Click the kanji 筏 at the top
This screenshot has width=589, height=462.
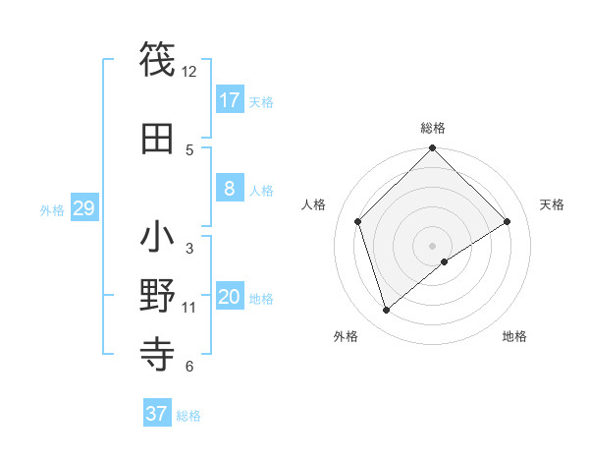pos(158,58)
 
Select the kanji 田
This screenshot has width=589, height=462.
pos(158,138)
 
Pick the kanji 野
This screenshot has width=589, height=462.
pos(158,296)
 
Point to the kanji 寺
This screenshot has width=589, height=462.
pos(158,354)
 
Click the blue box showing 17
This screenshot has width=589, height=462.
pos(230,100)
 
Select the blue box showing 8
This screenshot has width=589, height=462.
pos(230,189)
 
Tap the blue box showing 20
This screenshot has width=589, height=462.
pos(230,297)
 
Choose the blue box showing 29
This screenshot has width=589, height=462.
pos(83,208)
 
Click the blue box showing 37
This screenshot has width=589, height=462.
pos(157,413)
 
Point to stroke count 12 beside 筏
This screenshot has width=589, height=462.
pos(189,72)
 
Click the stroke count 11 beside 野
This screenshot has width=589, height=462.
pos(189,308)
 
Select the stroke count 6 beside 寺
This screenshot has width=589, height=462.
pos(189,367)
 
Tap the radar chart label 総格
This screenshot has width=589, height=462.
pos(433,128)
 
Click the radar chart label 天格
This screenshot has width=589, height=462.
pos(553,204)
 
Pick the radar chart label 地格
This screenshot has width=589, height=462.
pos(514,336)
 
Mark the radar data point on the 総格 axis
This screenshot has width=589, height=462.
pos(433,149)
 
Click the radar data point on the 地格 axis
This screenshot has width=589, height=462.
pos(445,261)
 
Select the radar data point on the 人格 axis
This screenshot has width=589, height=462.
pos(358,221)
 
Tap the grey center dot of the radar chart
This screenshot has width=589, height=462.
pos(433,245)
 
